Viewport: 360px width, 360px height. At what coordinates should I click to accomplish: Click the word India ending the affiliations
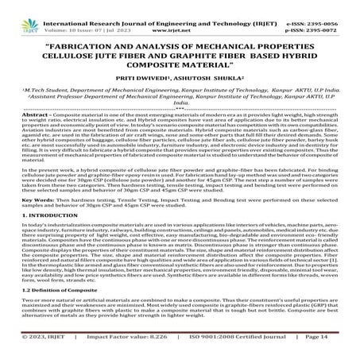(x=180, y=103)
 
